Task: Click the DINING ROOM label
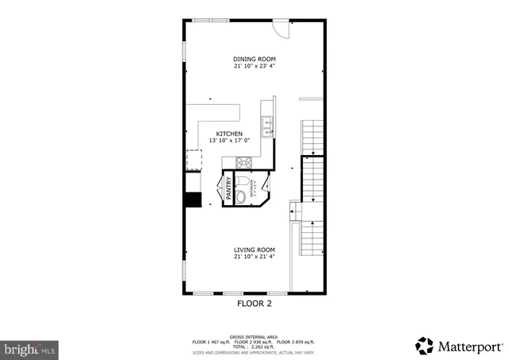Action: pyautogui.click(x=254, y=59)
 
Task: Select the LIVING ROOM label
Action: pyautogui.click(x=254, y=250)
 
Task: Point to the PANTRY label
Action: pyautogui.click(x=228, y=188)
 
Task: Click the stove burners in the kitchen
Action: pyautogui.click(x=244, y=164)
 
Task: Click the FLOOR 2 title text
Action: pyautogui.click(x=254, y=303)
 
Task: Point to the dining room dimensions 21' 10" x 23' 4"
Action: pyautogui.click(x=254, y=67)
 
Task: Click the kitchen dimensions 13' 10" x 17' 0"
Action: pyautogui.click(x=231, y=141)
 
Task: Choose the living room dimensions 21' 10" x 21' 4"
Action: pyautogui.click(x=254, y=257)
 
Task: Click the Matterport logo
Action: pyautogui.click(x=459, y=346)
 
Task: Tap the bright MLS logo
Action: pyautogui.click(x=30, y=348)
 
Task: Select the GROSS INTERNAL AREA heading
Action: pyautogui.click(x=254, y=337)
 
